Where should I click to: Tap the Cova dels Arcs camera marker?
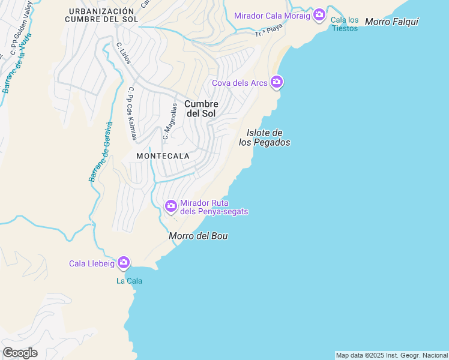tap(276, 82)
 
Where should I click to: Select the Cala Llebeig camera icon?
tap(124, 262)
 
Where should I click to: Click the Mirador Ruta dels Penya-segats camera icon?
tap(171, 206)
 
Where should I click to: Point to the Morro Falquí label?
tap(391, 22)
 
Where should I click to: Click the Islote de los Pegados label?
tap(264, 137)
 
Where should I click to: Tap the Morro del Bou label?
tap(198, 236)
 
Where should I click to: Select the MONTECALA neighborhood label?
tap(163, 156)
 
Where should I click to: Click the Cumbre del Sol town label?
tap(201, 109)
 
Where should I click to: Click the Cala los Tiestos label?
tap(345, 24)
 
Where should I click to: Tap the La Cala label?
tap(129, 280)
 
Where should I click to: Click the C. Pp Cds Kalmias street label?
tap(131, 114)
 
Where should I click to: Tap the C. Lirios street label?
tap(124, 53)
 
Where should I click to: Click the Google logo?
tap(20, 353)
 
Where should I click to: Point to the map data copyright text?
tap(391, 355)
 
